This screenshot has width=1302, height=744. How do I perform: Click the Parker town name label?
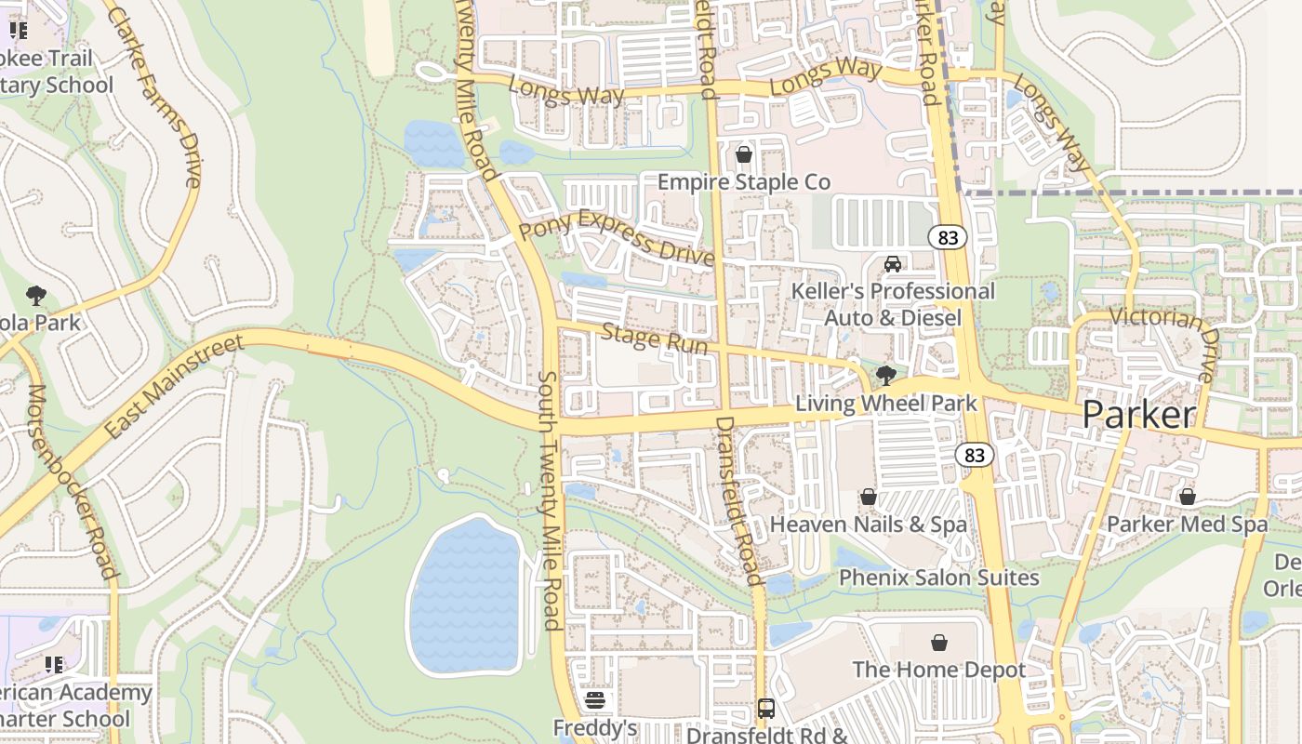click(x=1138, y=415)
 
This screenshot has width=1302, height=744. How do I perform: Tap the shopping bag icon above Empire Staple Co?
click(x=743, y=154)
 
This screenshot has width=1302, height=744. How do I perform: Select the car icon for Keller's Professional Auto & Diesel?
click(x=893, y=264)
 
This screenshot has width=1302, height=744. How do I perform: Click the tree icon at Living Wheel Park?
click(x=885, y=376)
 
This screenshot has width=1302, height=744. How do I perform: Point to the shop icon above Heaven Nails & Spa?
click(x=868, y=498)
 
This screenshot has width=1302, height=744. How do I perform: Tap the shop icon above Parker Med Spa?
click(x=1187, y=497)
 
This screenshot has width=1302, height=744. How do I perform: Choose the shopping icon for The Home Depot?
click(x=939, y=643)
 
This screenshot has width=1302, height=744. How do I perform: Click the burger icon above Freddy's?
click(x=595, y=700)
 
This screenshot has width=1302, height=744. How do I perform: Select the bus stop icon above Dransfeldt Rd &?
click(x=765, y=709)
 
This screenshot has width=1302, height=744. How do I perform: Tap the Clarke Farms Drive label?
click(x=154, y=97)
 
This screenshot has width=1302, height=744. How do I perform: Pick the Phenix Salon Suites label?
click(x=938, y=578)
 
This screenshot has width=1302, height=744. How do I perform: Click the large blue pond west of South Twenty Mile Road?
click(x=465, y=595)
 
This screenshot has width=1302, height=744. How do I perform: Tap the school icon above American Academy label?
click(x=54, y=665)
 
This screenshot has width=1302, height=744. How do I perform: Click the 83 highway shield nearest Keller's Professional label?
click(x=948, y=238)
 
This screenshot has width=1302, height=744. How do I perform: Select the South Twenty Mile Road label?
click(x=551, y=502)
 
